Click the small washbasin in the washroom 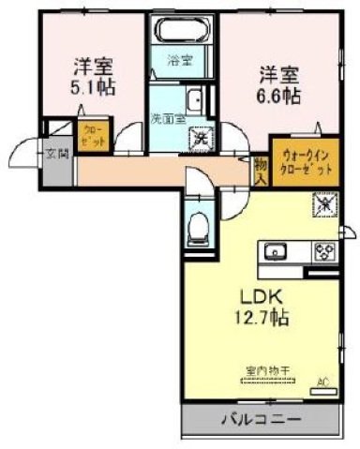click(x=195, y=100)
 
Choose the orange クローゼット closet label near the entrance click(x=94, y=135)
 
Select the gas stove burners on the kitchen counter click(x=324, y=250)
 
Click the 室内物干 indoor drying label click(x=267, y=371)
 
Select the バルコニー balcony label click(x=260, y=419)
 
